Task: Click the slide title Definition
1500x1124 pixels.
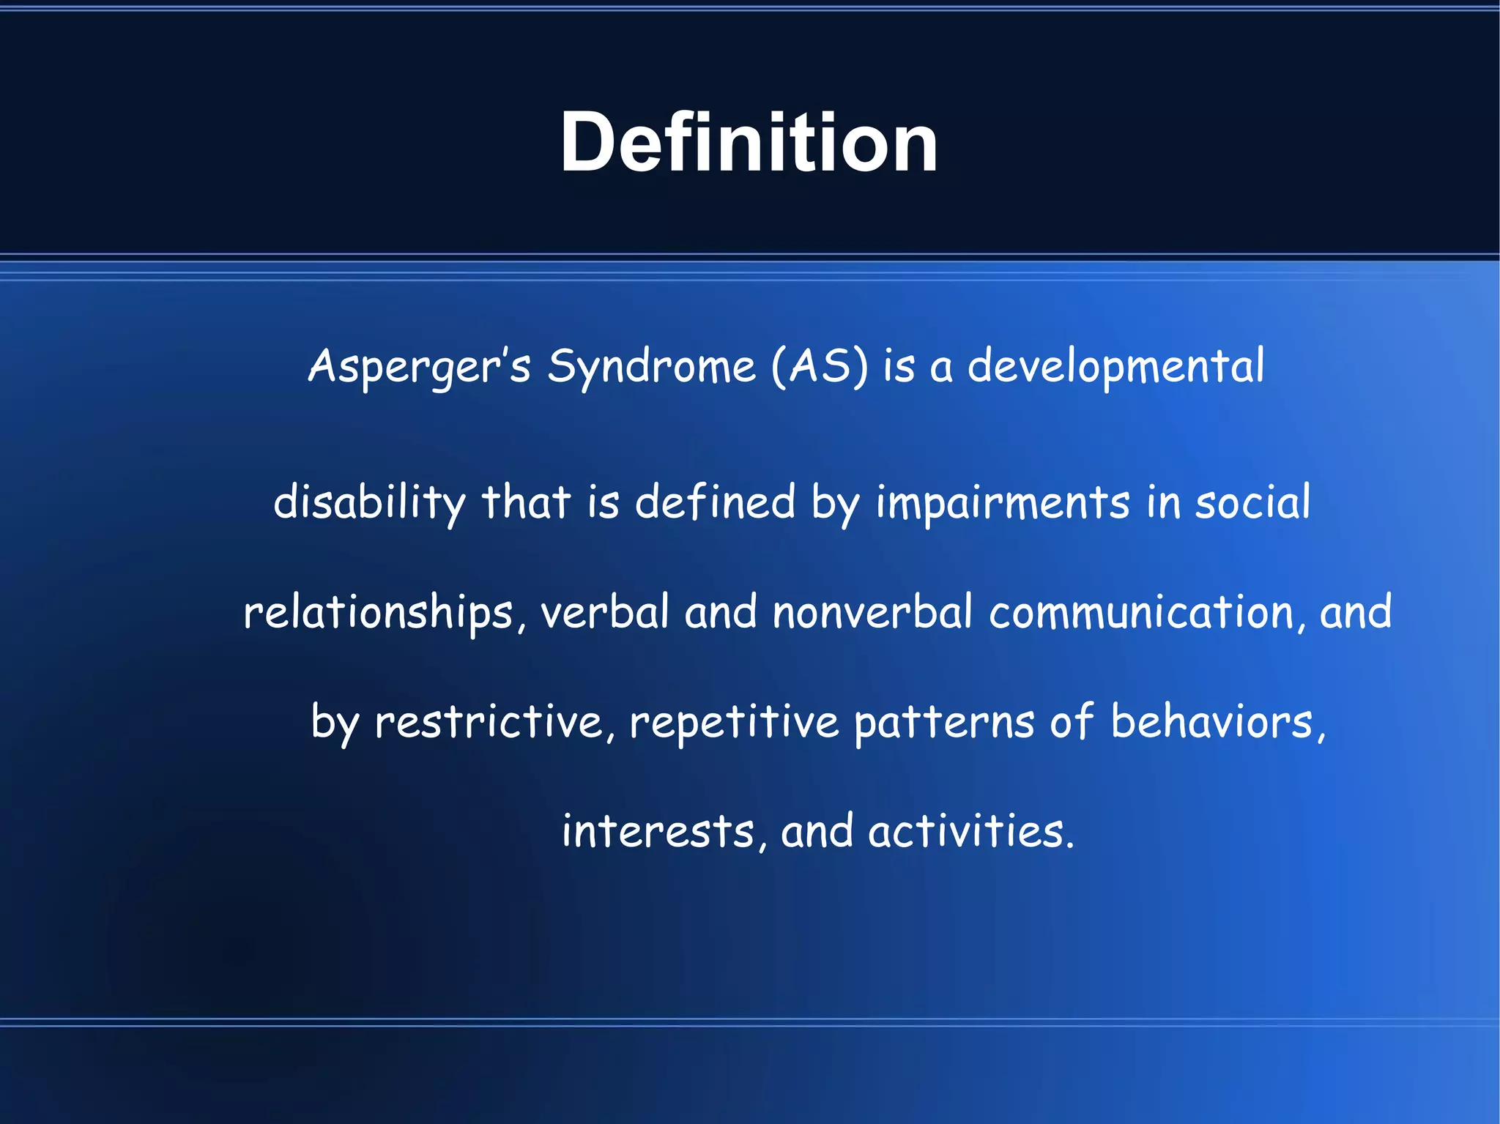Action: click(749, 142)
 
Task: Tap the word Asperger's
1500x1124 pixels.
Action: click(419, 366)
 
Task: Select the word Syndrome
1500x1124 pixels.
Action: click(651, 366)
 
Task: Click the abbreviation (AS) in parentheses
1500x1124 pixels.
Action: click(819, 366)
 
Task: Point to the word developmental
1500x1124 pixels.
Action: click(1115, 366)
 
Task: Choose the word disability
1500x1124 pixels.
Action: click(369, 503)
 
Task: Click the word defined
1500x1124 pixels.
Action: click(715, 503)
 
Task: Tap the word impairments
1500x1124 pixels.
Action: click(1003, 503)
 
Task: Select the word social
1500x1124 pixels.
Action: click(1252, 503)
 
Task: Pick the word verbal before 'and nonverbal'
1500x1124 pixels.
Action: click(605, 613)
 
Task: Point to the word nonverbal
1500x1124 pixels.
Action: click(872, 613)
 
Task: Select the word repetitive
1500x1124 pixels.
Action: click(734, 722)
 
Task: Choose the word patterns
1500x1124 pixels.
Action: click(944, 722)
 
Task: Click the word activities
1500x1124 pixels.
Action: click(970, 832)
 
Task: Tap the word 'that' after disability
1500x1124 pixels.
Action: click(525, 503)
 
